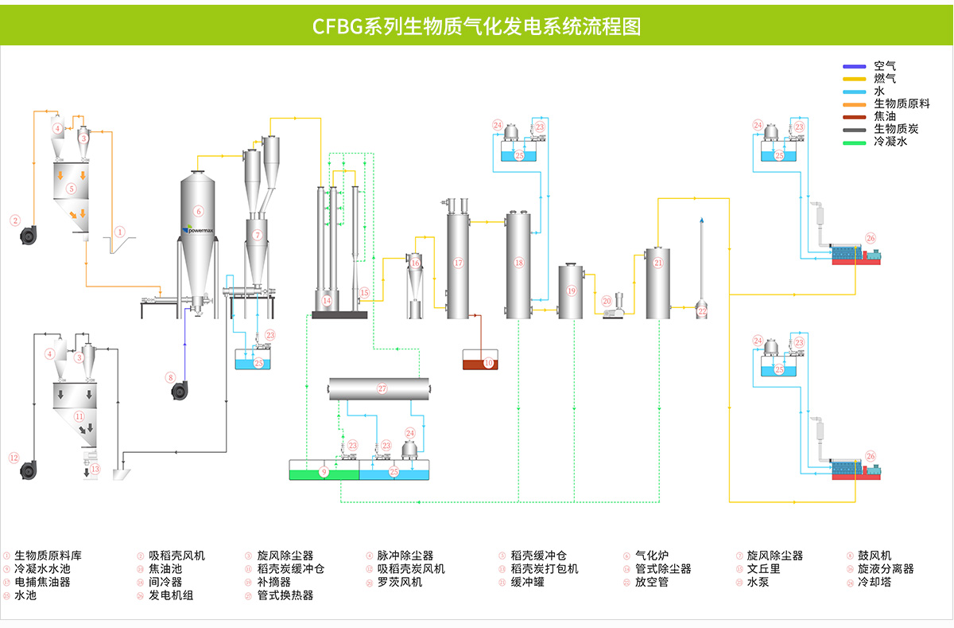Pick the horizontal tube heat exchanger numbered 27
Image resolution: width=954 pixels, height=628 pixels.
click(x=382, y=388)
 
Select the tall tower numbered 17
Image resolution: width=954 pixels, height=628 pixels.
click(x=458, y=262)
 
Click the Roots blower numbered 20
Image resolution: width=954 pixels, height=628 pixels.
click(x=612, y=306)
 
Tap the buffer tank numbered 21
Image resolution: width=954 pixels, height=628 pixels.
click(x=657, y=283)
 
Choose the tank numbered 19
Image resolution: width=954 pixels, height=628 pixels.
click(x=571, y=291)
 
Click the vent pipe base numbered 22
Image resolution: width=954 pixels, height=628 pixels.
click(x=701, y=311)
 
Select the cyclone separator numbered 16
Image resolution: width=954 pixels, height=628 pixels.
click(x=415, y=275)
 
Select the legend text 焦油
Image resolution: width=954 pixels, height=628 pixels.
click(x=885, y=116)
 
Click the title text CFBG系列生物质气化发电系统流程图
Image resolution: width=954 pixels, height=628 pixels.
click(x=477, y=26)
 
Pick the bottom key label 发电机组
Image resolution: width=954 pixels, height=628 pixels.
click(x=171, y=595)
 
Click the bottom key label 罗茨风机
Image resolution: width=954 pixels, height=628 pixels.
click(x=400, y=582)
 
